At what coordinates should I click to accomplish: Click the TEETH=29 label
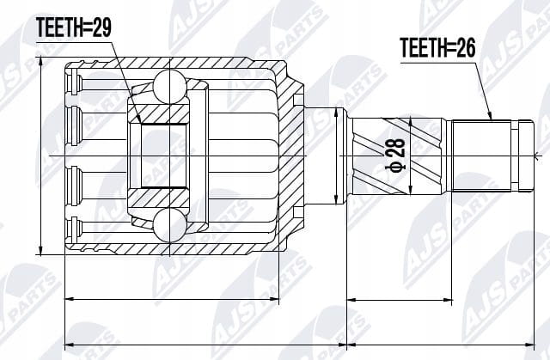click(74, 27)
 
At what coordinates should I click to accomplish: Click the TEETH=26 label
click(437, 47)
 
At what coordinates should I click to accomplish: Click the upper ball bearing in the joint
click(170, 87)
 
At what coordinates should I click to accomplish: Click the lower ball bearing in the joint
click(170, 225)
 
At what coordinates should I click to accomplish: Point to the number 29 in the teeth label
click(101, 27)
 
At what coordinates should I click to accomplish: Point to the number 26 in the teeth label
click(466, 47)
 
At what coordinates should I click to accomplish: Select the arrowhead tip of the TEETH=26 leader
click(492, 120)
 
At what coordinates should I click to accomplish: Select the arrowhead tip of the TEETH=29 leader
click(141, 123)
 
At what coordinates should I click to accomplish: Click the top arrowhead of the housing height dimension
click(40, 58)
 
